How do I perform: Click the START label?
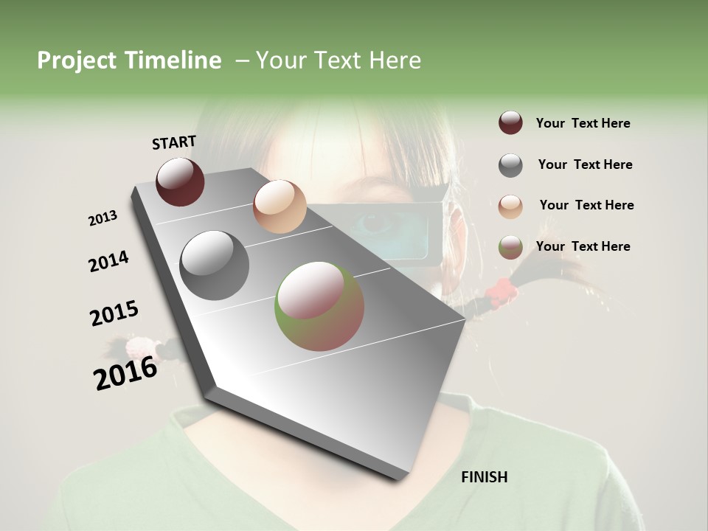click(x=174, y=142)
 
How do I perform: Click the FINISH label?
click(x=484, y=477)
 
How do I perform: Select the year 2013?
click(x=103, y=218)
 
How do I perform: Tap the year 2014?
click(x=108, y=261)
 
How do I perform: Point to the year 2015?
click(x=114, y=313)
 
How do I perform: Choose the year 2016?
click(x=125, y=372)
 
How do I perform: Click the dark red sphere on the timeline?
click(x=180, y=181)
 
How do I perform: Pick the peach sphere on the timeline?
click(x=280, y=206)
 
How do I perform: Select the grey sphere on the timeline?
click(x=214, y=265)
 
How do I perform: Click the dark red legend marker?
click(x=510, y=123)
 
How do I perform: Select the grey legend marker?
click(x=510, y=165)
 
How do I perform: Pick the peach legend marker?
click(x=510, y=206)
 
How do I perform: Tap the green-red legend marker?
click(x=510, y=247)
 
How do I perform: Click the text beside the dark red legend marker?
click(x=583, y=124)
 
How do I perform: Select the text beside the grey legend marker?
click(x=585, y=164)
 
